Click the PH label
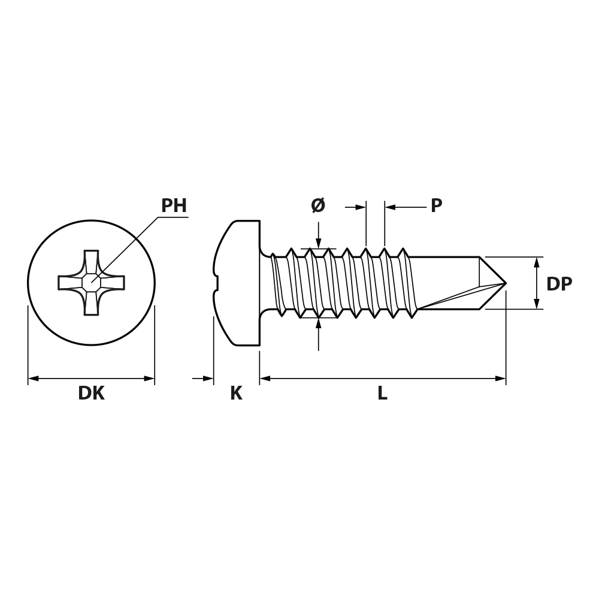(x=174, y=205)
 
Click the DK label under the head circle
(x=91, y=393)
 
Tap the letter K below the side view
(x=236, y=393)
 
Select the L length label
(x=382, y=393)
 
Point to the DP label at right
(x=559, y=284)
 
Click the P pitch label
(x=437, y=205)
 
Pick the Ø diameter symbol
(x=318, y=205)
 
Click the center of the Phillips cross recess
(x=92, y=283)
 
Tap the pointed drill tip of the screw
(x=506, y=283)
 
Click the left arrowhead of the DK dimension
(x=33, y=379)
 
